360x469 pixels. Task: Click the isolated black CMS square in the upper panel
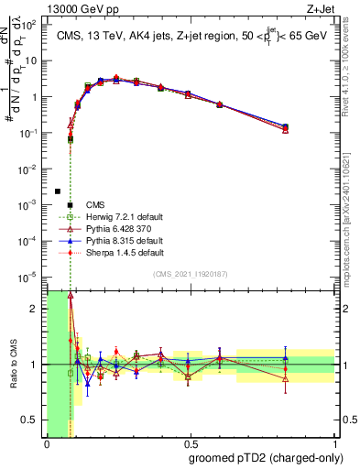click(58, 191)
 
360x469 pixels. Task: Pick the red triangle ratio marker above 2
click(71, 296)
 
